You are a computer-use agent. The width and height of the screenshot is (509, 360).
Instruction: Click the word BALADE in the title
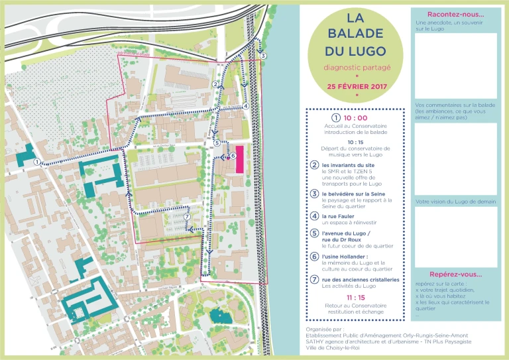(x=357, y=33)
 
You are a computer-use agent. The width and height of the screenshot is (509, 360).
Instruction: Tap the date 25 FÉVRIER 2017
(x=357, y=86)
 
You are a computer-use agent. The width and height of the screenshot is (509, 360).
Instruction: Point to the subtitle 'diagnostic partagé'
(x=357, y=68)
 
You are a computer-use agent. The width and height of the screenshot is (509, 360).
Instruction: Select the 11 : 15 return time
(x=356, y=298)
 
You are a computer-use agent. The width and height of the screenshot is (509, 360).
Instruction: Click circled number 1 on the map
(x=38, y=162)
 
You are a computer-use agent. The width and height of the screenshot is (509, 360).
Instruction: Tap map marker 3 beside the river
(x=263, y=56)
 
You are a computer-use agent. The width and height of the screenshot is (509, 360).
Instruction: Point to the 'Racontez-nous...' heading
(x=455, y=15)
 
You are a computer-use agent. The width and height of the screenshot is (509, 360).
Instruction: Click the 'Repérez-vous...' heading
(x=455, y=274)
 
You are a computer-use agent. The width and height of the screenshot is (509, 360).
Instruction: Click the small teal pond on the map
(x=219, y=316)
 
